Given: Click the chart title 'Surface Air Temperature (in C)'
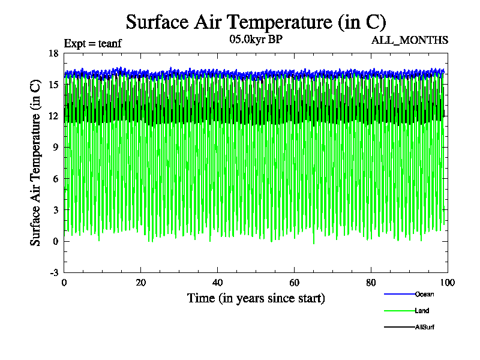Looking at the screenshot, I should tap(256, 22).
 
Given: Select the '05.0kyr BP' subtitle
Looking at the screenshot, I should tap(256, 40).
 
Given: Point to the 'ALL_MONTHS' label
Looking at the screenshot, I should tap(410, 40).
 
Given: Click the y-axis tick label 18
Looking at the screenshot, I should tap(54, 53).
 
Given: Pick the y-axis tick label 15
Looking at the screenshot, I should tap(54, 85).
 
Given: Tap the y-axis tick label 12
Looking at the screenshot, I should tap(54, 116).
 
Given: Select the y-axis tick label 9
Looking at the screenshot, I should tap(56, 147).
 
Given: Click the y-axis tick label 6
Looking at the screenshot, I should tap(56, 179).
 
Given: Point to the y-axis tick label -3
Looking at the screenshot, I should tap(54, 272).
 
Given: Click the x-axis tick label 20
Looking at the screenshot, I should tap(141, 283).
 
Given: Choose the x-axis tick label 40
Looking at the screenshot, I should tap(218, 283).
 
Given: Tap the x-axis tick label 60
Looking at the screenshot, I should tap(295, 283).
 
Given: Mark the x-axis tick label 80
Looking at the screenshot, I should tap(371, 283).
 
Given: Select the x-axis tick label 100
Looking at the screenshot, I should tap(448, 283).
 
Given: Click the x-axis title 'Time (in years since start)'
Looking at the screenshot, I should tap(256, 298).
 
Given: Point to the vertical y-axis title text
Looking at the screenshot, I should tap(36, 163).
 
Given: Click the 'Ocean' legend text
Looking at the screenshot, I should tap(424, 294).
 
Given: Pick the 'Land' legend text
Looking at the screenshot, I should tap(422, 311).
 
